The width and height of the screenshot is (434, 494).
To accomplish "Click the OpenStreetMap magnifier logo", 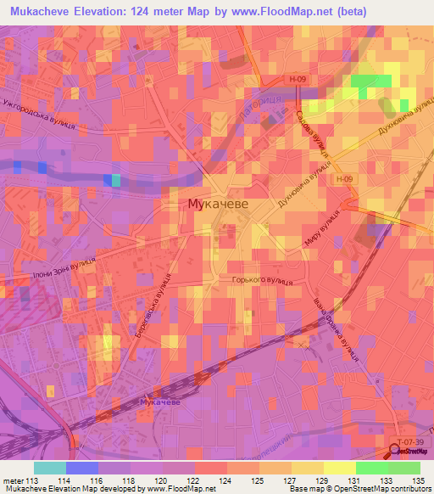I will click(x=393, y=451).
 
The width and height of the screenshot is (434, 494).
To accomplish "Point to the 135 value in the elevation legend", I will click(x=418, y=482).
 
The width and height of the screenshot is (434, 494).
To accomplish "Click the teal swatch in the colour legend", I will click(x=49, y=468).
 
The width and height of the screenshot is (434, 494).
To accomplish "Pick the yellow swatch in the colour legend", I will click(x=339, y=468).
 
